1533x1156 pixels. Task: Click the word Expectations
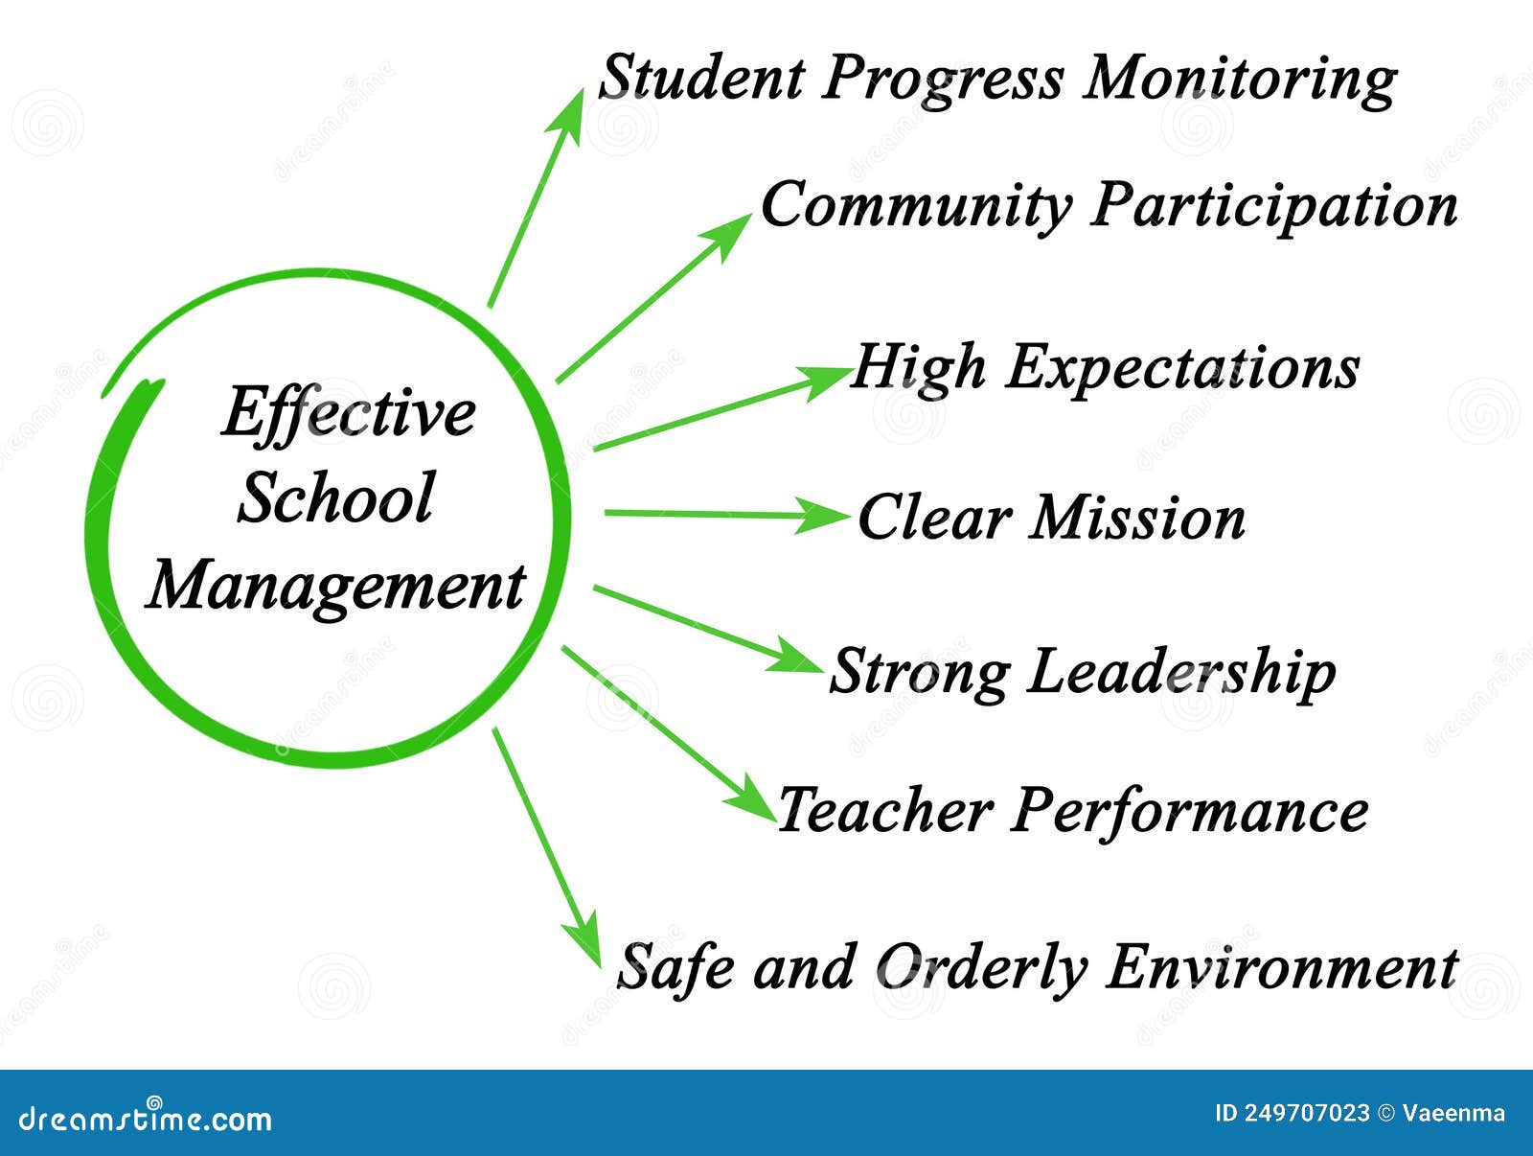pyautogui.click(x=1182, y=368)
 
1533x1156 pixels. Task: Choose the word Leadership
pyautogui.click(x=1181, y=671)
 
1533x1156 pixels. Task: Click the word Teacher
pyautogui.click(x=883, y=810)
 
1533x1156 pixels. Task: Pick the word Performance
pyautogui.click(x=1190, y=812)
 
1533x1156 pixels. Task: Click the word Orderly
pyautogui.click(x=982, y=967)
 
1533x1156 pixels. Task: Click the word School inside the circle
pyautogui.click(x=335, y=498)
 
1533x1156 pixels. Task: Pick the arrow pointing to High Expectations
pyautogui.click(x=719, y=408)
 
